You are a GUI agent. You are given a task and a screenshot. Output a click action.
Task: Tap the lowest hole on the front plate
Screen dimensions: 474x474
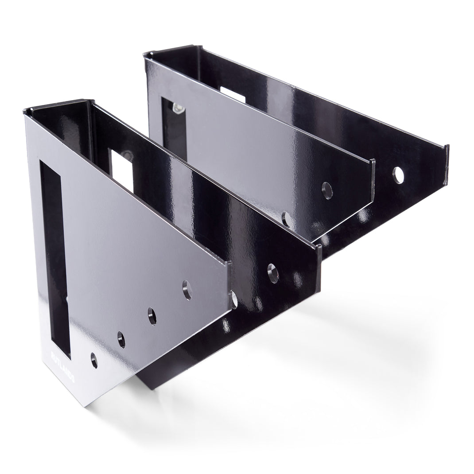[94, 360]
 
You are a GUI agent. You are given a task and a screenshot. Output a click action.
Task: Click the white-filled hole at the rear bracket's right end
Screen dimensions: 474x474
[398, 175]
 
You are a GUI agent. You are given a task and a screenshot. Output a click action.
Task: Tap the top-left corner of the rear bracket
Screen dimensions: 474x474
[145, 54]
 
